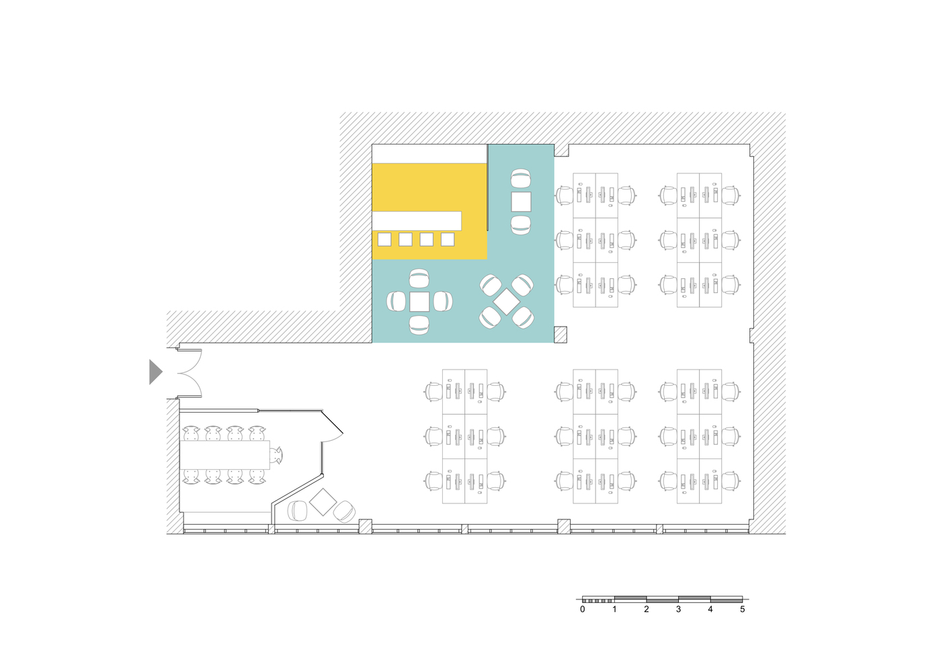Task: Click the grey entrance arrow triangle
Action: (x=155, y=372)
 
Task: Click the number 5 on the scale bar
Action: (x=743, y=610)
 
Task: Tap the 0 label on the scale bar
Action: (x=583, y=610)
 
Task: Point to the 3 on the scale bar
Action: (x=678, y=610)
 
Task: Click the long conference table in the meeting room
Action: (x=224, y=455)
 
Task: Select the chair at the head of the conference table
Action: (x=277, y=456)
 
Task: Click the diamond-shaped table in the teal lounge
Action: (x=507, y=302)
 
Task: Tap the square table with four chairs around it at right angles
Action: (x=419, y=302)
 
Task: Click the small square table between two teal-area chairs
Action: (x=521, y=202)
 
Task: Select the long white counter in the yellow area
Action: (x=417, y=220)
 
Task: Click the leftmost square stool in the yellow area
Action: (x=384, y=239)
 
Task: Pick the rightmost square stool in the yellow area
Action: (x=448, y=239)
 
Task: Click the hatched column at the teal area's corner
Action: (x=561, y=335)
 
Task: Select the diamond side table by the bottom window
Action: (x=323, y=502)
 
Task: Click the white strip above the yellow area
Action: (x=429, y=154)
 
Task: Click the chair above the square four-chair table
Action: (x=419, y=278)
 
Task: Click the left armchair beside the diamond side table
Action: (x=297, y=511)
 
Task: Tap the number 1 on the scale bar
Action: (x=614, y=610)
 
